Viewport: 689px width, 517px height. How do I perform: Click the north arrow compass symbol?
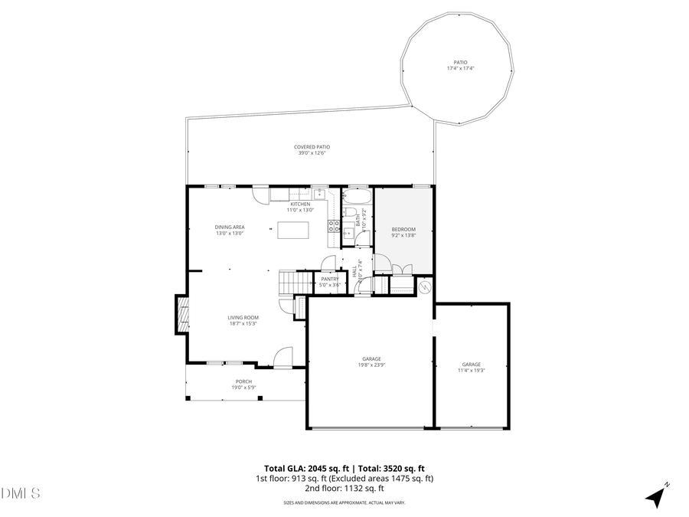(656, 496)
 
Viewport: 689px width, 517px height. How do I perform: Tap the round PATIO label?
(461, 63)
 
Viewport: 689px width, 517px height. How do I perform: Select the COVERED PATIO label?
(312, 147)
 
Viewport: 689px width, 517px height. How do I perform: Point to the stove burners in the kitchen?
(335, 225)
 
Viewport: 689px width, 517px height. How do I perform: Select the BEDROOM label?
(403, 230)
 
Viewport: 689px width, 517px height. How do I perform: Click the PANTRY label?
(330, 280)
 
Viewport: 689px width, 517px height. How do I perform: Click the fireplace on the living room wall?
(181, 314)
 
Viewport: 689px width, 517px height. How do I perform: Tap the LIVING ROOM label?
(243, 317)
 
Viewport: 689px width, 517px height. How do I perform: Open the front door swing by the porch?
(282, 357)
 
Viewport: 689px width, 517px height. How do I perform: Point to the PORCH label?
(243, 381)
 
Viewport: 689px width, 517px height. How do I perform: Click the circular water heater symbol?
(426, 287)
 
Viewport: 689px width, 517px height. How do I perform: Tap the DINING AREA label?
(229, 227)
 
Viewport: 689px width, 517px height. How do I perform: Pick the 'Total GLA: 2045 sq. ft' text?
(304, 468)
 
